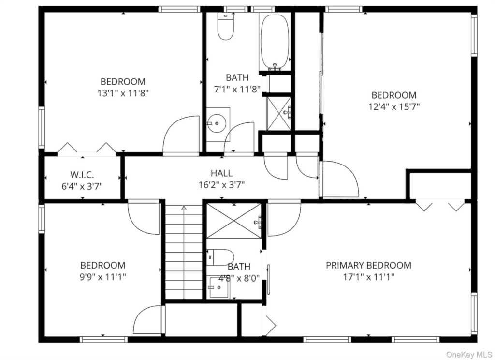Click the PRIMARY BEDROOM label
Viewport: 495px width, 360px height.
point(368,265)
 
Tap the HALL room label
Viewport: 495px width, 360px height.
point(221,173)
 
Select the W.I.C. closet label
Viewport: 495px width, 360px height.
point(82,175)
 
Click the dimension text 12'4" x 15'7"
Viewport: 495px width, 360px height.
point(394,107)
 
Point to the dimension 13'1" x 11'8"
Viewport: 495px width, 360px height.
point(123,93)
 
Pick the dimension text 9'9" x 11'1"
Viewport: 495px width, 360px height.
point(103,277)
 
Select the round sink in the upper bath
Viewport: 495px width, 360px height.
point(217,124)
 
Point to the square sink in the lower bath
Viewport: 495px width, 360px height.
point(218,287)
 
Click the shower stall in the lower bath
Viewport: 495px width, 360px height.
point(234,221)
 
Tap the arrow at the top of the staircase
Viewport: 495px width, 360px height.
point(184,208)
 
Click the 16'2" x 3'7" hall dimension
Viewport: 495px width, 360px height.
point(221,185)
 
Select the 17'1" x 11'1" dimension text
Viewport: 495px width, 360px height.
point(369,277)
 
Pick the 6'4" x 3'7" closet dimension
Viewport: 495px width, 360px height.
point(82,186)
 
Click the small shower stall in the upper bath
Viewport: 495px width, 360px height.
point(278,114)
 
